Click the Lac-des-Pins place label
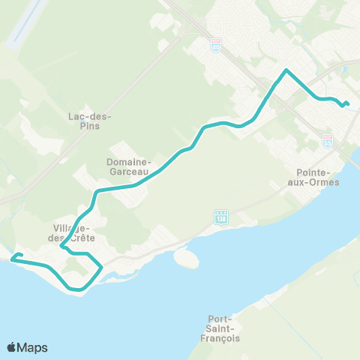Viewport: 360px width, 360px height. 88,120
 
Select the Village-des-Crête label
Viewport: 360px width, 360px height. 72,232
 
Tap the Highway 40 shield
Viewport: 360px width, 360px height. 216,46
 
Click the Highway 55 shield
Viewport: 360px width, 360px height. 327,139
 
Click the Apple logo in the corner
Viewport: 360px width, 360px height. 12,347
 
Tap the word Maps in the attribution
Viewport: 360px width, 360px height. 33,347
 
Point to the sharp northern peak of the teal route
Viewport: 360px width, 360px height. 286,70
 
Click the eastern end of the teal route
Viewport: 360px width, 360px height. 348,103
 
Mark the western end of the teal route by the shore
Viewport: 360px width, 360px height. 13,259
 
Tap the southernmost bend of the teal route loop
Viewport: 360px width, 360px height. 78,289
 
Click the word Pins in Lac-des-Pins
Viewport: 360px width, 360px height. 88,125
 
